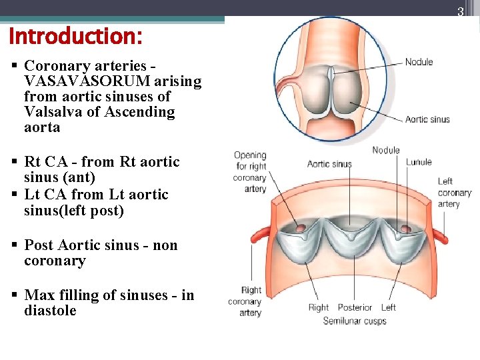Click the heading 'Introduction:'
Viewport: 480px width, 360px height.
75,36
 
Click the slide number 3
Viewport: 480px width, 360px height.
459,11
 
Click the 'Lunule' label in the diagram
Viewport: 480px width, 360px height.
419,162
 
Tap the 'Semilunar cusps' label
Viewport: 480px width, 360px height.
355,321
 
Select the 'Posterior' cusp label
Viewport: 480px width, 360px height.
355,307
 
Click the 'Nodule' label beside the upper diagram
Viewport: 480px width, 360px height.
419,62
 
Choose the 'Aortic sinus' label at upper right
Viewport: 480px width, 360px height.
427,119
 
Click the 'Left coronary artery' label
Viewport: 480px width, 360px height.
454,193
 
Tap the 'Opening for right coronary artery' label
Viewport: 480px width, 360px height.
250,172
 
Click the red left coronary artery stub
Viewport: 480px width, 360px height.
440,235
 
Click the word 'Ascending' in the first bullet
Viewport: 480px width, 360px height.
140,112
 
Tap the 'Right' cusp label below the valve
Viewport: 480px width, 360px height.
318,307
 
